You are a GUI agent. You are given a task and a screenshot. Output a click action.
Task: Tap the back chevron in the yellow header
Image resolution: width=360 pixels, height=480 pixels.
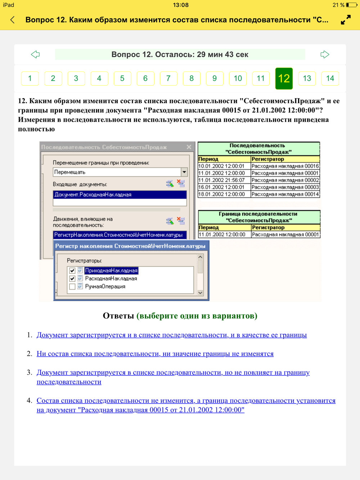pos(13,20)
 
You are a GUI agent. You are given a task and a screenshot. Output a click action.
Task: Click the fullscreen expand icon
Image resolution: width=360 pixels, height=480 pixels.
pos(346,20)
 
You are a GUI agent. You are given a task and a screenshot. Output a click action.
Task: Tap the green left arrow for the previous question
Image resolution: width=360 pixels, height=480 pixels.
pos(35,54)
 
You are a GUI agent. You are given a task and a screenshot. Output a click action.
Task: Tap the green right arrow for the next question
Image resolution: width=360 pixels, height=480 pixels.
pos(325,54)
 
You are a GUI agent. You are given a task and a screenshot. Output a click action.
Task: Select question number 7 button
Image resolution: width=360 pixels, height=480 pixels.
pos(168,78)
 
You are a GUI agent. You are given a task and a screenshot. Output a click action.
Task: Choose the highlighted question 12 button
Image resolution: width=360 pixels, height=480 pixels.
pos(284,78)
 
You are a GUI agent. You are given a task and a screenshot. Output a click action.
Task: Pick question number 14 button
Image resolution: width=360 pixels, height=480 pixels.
pos(330,78)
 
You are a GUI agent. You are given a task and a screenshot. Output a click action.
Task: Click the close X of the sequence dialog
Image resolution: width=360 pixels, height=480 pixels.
pos(189,147)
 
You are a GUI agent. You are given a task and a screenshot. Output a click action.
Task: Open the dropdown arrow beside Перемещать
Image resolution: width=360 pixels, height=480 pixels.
pos(184,172)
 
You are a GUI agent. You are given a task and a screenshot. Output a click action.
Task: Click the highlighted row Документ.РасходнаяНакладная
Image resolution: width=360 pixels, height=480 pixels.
pos(120,195)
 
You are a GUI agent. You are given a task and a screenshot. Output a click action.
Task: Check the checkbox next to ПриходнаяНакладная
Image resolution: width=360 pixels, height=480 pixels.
pos(72,271)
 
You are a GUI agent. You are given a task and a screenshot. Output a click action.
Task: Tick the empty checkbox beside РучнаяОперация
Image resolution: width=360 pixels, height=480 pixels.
pos(72,286)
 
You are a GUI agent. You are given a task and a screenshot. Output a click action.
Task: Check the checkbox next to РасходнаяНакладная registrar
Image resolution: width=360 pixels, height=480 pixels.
pos(72,279)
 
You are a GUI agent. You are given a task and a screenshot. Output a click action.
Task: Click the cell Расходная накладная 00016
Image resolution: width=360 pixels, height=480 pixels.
pos(285,166)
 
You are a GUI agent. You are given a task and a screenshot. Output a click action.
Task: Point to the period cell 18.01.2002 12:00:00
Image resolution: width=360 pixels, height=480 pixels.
pos(222,194)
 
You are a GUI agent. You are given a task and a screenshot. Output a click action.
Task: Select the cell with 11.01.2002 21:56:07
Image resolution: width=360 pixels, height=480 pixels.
pos(222,180)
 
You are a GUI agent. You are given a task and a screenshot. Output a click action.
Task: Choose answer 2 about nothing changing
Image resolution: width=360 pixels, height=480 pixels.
pos(155,354)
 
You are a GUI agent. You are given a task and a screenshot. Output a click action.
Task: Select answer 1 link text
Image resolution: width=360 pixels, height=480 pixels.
pos(171,335)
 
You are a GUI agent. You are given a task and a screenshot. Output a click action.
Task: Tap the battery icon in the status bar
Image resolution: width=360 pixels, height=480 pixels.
pos(351,5)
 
